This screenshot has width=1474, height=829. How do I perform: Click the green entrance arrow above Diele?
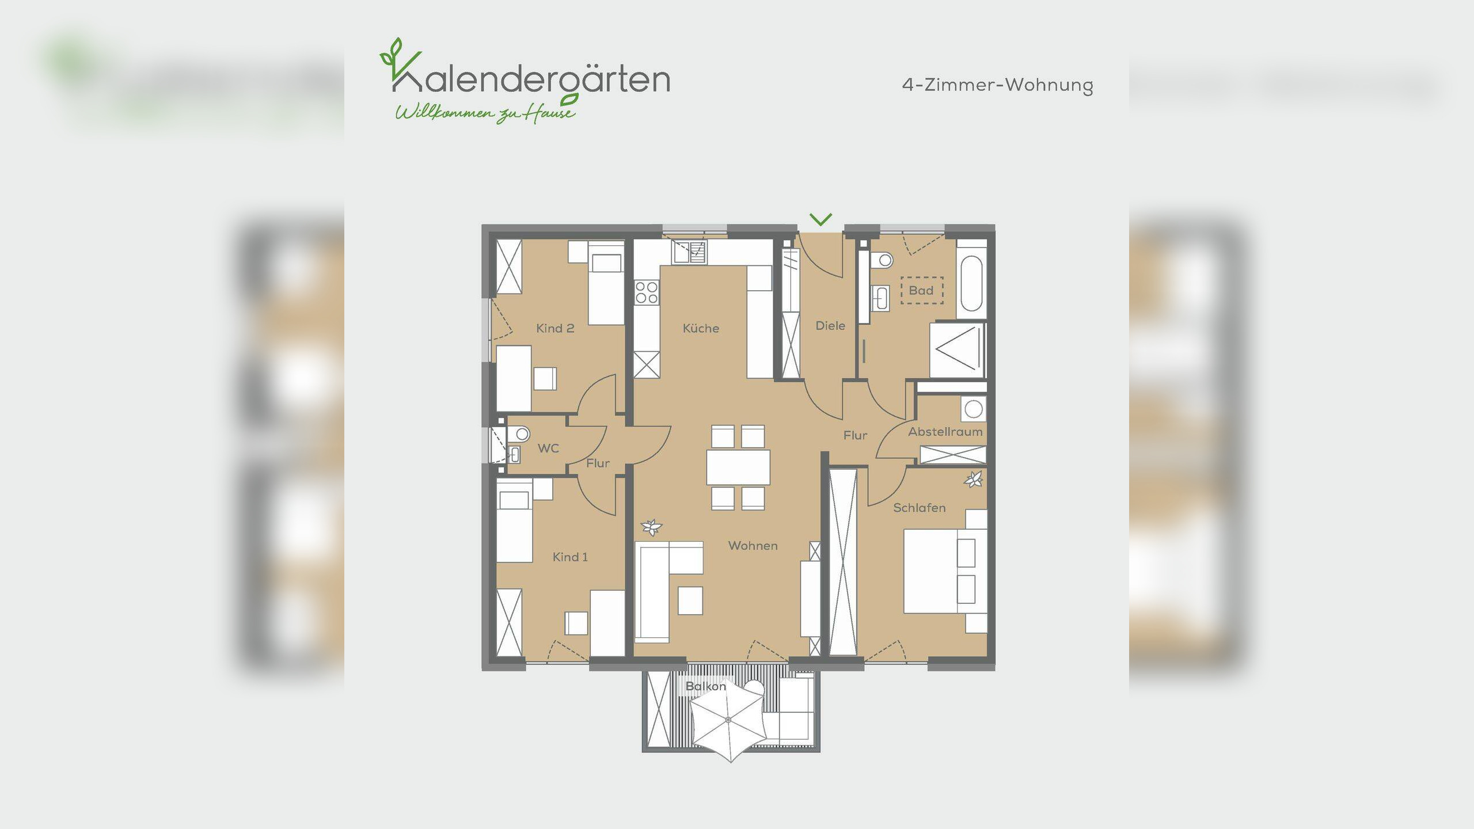pos(820,219)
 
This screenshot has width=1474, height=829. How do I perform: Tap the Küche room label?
pos(701,328)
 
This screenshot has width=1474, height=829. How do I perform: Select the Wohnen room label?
pos(753,545)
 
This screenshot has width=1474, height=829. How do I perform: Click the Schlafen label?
pos(919,508)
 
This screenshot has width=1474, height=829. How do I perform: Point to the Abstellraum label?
pos(945,432)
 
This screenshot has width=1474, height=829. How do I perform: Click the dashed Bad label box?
pos(921,290)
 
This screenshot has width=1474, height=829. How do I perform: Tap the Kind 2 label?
pos(555,328)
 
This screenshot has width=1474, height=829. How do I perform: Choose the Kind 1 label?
pos(570,557)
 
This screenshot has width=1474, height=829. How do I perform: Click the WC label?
pos(548,448)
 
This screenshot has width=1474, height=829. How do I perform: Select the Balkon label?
pos(705,686)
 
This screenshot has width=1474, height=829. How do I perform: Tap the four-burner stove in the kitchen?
pos(647,292)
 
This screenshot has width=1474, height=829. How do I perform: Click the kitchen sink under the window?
pos(689,252)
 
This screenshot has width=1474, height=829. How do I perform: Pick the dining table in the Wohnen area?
pos(738,467)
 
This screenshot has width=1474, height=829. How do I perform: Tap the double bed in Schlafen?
pos(939,571)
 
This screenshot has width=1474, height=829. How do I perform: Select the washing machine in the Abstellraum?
pos(973,409)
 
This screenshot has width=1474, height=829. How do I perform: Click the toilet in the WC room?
pos(521,433)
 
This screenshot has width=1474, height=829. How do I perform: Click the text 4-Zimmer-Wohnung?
pos(997,85)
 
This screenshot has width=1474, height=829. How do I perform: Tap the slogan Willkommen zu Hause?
pos(485,113)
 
